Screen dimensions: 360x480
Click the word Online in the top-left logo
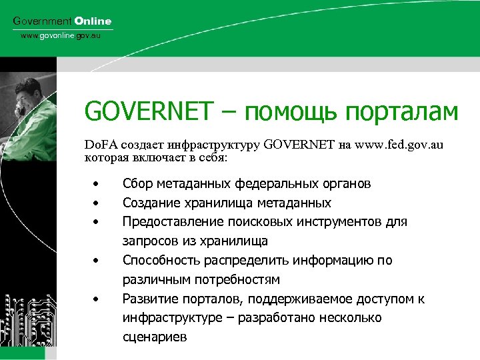[93, 21]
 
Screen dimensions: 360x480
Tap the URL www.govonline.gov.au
[60, 35]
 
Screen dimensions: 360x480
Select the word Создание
[150, 203]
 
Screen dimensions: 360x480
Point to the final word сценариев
[155, 337]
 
